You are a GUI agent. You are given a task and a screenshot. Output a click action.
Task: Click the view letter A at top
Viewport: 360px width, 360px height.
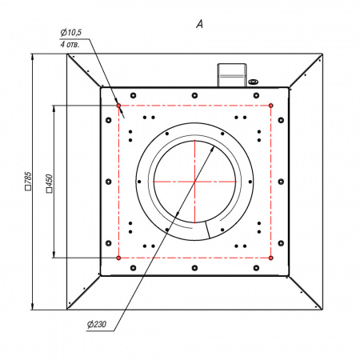point(200,24)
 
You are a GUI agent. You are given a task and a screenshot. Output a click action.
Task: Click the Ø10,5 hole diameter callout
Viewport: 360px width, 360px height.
point(71,33)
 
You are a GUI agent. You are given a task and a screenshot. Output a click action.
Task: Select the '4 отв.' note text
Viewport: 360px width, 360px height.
point(70,44)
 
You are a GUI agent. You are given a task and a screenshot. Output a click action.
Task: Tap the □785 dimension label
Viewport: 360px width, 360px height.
point(28,181)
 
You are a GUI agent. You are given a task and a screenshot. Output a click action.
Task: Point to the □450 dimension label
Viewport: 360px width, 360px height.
point(50,183)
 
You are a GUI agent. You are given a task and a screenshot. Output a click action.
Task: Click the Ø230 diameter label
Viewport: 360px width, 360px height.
point(97,324)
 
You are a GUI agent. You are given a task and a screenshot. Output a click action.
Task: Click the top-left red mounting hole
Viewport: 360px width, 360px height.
point(118,106)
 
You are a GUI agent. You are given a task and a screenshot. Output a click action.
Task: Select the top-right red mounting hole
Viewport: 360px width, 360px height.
point(271,106)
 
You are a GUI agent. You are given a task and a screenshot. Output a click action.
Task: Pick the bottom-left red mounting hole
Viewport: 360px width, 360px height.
point(118,258)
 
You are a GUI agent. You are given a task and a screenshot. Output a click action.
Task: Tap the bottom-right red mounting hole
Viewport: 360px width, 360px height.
point(271,258)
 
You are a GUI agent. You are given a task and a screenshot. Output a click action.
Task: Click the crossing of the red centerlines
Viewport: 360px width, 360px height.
point(195,182)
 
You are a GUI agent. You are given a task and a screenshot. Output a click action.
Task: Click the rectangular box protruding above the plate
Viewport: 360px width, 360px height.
point(232,75)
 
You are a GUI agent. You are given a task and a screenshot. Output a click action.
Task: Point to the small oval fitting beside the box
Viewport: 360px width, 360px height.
point(253,82)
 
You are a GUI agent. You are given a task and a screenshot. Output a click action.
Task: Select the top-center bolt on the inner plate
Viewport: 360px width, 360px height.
point(194,95)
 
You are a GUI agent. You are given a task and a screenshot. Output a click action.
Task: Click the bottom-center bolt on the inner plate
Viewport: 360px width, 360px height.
point(194,268)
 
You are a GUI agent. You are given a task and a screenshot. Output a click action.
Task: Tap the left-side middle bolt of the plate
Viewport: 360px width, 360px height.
point(109,182)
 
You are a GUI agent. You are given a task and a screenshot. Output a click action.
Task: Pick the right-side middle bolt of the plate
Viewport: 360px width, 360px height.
point(281,182)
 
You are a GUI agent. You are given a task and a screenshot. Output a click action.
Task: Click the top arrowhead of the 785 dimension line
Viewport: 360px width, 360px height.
point(32,57)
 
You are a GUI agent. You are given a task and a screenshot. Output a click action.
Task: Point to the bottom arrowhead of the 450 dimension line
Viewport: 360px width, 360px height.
point(54,254)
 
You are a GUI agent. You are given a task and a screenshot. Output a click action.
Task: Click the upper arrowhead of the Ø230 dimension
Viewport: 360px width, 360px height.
point(213,149)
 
